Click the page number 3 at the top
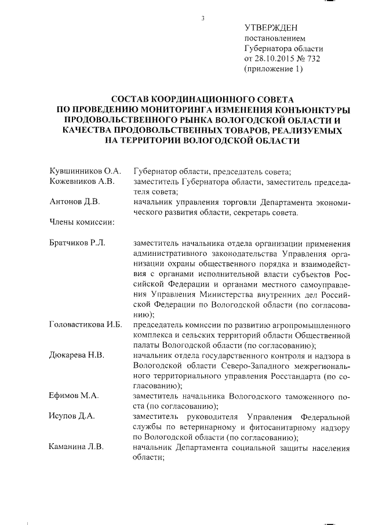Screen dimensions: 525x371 (x=203, y=18)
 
